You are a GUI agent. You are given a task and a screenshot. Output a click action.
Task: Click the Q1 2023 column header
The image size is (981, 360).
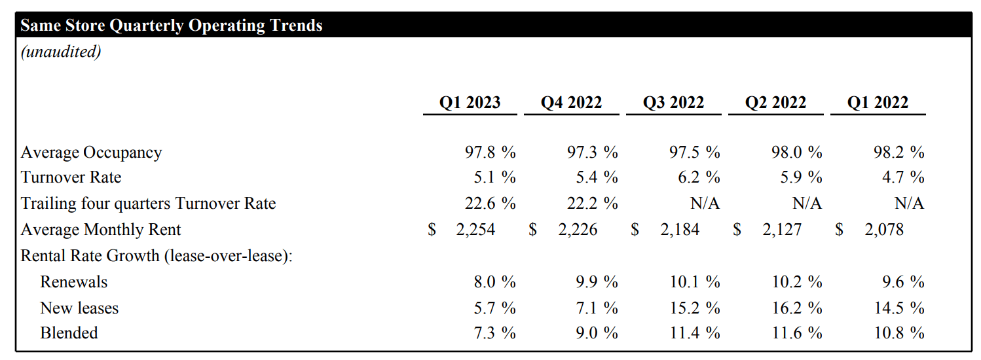470,103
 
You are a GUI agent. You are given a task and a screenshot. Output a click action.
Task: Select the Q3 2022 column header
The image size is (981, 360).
673,103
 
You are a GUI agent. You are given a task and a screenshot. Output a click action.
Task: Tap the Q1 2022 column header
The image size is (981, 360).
878,103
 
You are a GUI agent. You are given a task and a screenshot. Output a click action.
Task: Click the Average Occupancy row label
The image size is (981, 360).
91,153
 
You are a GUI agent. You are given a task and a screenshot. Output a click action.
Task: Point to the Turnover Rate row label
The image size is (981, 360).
71,177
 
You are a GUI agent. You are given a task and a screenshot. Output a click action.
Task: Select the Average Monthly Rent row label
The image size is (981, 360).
101,229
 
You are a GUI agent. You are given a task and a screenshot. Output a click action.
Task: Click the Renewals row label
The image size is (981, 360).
73,282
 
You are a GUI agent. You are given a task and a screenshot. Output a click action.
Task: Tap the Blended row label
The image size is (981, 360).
69,333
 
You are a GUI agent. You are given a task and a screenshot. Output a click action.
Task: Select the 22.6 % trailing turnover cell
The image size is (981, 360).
490,204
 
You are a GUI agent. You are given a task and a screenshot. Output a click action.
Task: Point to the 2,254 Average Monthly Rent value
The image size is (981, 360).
475,229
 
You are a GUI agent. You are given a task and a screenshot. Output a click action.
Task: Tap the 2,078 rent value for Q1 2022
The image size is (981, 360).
884,229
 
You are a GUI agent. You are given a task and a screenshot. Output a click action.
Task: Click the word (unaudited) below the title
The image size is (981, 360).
61,52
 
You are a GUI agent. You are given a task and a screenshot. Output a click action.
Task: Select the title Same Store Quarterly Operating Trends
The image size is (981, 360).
172,26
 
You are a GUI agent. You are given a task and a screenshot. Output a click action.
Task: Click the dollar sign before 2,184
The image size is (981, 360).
635,229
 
